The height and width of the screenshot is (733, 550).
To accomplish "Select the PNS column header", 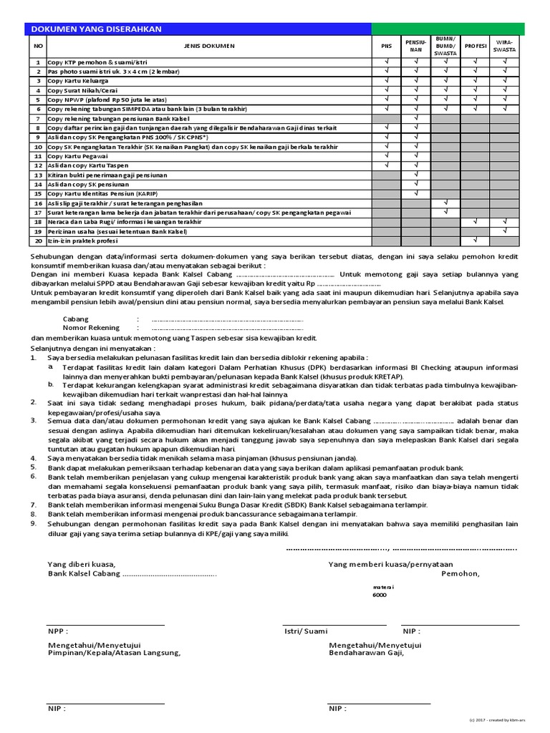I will [386, 46].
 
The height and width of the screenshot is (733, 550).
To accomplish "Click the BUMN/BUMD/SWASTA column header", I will [445, 46].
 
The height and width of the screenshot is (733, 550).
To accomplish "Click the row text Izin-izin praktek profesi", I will [82, 241].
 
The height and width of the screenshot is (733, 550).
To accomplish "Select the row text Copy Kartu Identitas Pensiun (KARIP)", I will [102, 194].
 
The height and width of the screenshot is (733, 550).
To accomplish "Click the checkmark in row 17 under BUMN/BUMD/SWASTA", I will [445, 213].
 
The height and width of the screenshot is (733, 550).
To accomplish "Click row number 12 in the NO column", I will [37, 165].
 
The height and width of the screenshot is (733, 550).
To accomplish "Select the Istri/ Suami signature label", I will [306, 632].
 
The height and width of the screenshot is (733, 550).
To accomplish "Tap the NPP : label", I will [58, 632].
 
